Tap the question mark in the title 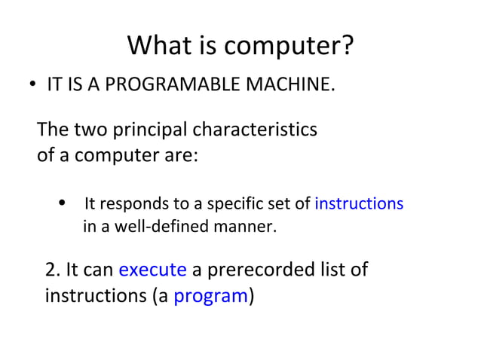click(346, 47)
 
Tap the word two click(90, 130)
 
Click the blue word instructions click(359, 204)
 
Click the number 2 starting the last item click(51, 270)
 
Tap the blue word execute click(152, 270)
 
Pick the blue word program click(210, 296)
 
